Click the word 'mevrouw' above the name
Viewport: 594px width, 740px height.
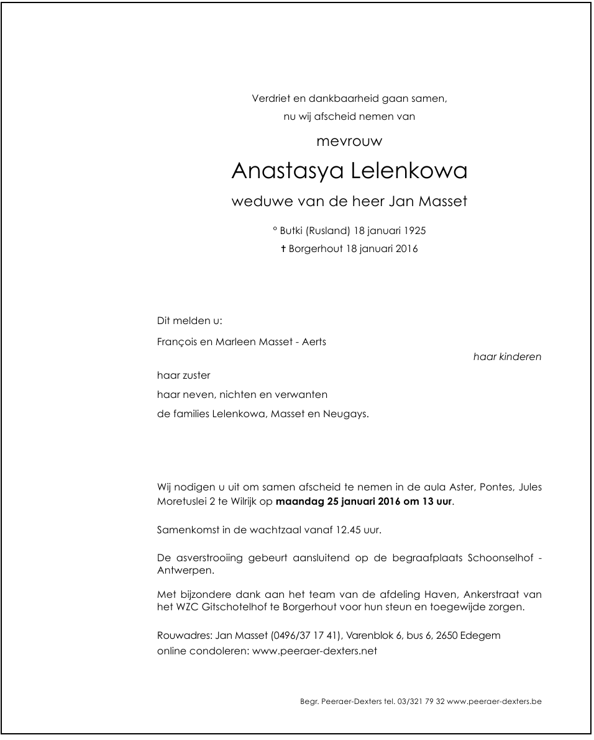pos(349,142)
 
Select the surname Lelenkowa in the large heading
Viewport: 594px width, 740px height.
pos(408,171)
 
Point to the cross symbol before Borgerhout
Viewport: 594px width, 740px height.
pos(283,250)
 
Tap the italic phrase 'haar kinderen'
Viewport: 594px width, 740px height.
pos(507,357)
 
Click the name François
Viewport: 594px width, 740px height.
pos(176,341)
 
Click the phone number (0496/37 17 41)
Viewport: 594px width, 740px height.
pos(306,636)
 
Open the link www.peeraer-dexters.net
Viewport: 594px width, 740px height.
pos(314,651)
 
